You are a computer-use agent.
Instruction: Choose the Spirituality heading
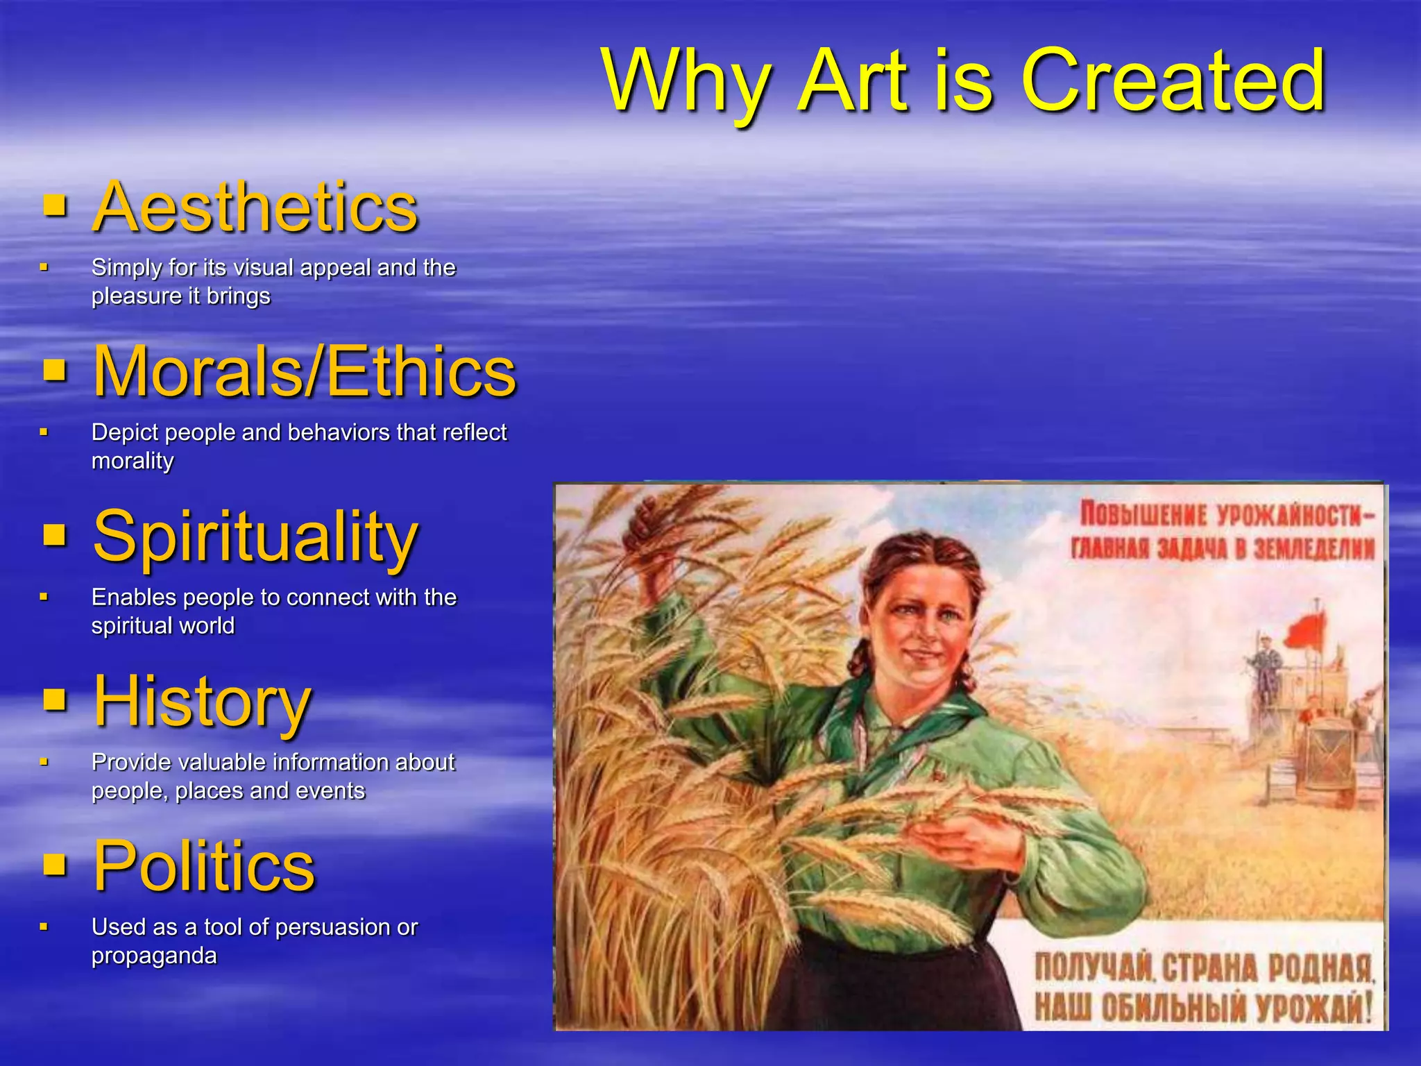[255, 536]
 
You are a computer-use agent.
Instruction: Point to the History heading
[202, 701]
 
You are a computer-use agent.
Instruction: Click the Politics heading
[204, 865]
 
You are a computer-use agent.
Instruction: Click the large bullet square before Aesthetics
[55, 206]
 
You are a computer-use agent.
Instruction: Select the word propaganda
[154, 956]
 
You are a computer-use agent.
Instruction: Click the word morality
[133, 461]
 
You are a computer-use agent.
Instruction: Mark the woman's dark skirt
[881, 985]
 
